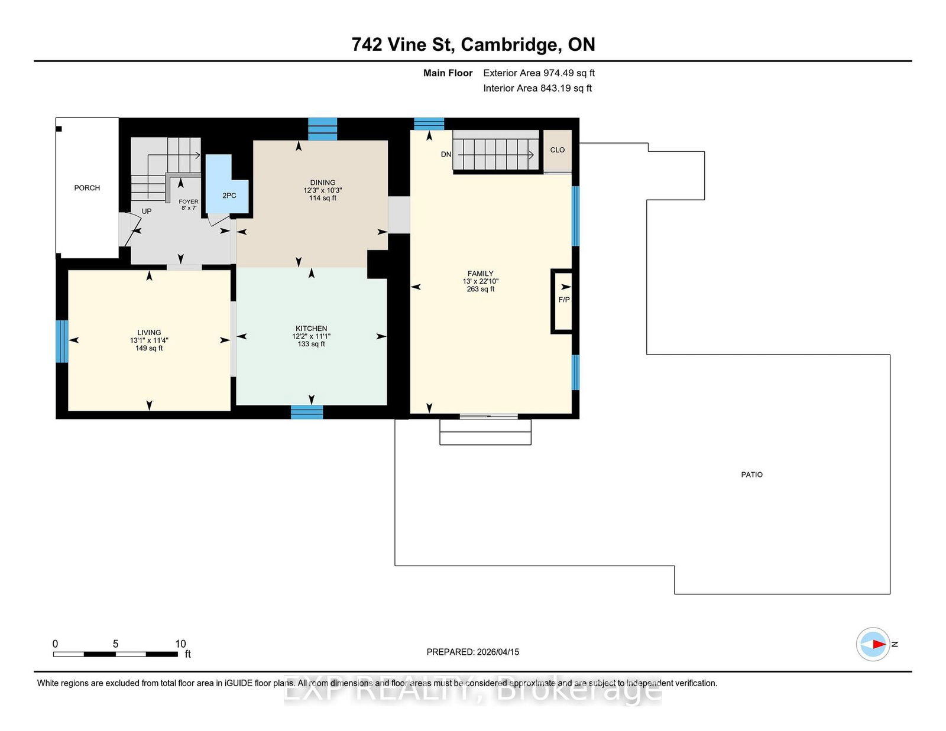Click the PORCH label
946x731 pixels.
click(87, 188)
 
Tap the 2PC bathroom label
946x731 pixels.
click(229, 196)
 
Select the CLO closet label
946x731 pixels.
click(557, 150)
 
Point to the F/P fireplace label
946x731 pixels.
click(564, 300)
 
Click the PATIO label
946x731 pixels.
click(752, 475)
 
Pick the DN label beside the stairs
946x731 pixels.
click(446, 154)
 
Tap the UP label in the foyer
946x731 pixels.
click(147, 212)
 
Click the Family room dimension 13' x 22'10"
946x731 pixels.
click(481, 281)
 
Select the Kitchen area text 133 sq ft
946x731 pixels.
click(311, 344)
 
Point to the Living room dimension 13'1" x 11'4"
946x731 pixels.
click(149, 341)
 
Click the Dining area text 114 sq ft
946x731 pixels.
click(323, 198)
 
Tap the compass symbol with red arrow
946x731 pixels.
click(873, 644)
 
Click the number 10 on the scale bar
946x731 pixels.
click(180, 644)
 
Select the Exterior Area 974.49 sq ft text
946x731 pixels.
click(539, 73)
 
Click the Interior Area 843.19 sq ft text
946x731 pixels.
click(537, 88)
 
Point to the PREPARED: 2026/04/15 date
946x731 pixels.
click(473, 652)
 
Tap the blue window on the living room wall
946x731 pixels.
click(62, 342)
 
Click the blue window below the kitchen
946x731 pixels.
click(307, 412)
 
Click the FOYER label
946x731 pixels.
click(189, 202)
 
